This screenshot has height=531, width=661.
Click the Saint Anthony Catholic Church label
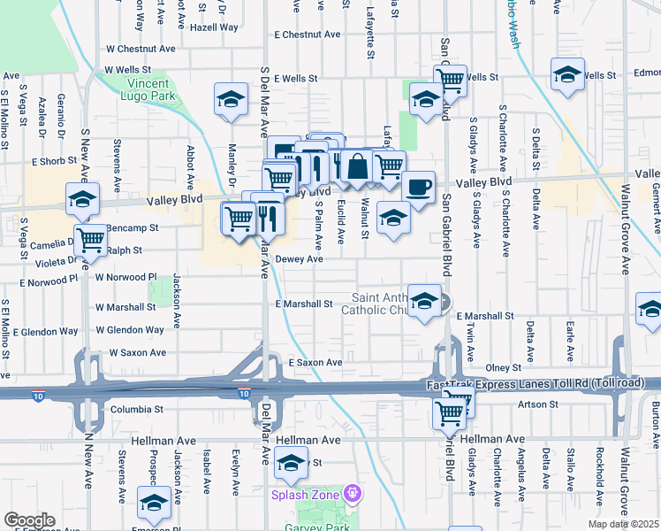[386, 304]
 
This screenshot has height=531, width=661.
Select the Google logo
[28, 520]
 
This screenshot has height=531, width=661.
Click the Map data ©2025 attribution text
[623, 524]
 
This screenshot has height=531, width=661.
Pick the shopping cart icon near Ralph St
[90, 237]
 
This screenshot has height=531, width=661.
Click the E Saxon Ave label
[315, 363]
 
